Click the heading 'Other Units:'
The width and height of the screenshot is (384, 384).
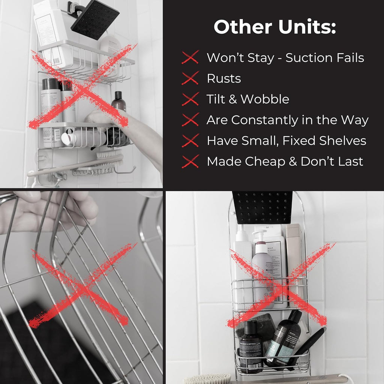click(x=274, y=27)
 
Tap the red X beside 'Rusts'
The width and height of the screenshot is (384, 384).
click(x=190, y=78)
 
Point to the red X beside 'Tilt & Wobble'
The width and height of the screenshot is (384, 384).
click(x=190, y=99)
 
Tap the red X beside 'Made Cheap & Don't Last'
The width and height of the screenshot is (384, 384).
click(x=190, y=161)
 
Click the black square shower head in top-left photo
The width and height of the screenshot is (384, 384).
click(x=95, y=19)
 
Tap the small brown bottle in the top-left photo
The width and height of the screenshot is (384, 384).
click(x=118, y=101)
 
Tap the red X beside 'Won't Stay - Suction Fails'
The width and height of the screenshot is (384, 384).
click(x=190, y=58)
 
